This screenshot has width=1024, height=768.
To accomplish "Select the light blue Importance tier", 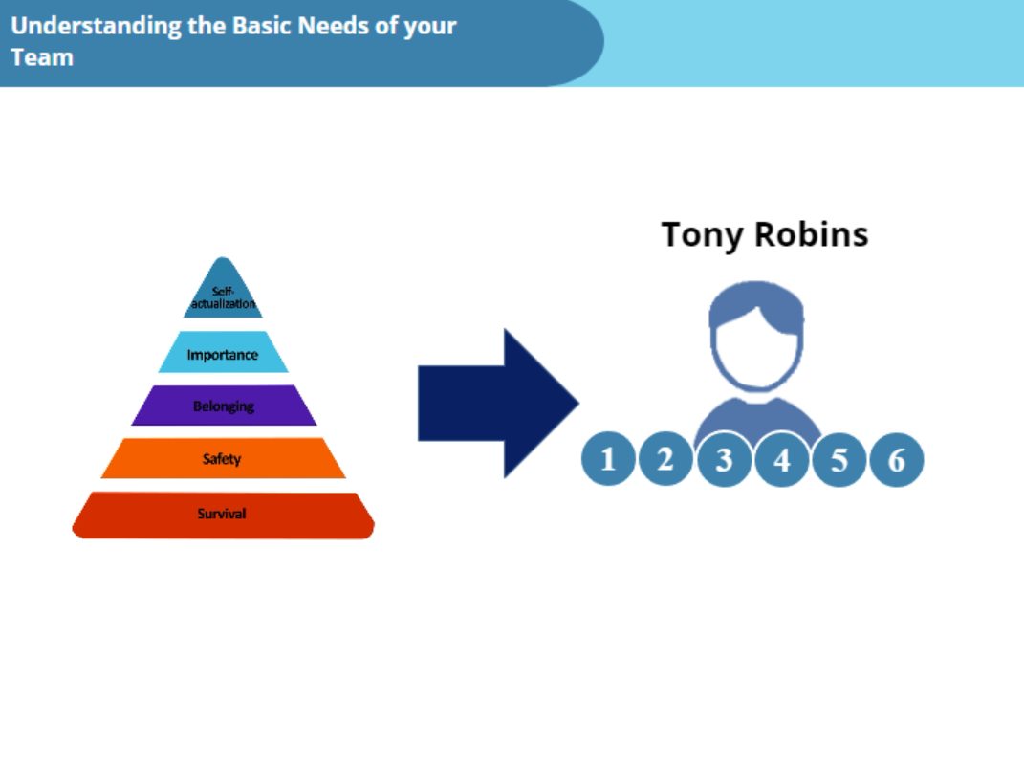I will pos(223,353).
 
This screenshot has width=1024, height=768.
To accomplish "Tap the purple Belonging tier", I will pos(224,406).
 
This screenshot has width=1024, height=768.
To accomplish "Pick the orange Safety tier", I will pos(223,459).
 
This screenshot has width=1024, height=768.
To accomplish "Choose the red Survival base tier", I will pos(223,515).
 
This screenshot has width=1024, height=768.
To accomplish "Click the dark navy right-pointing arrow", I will pos(496,403).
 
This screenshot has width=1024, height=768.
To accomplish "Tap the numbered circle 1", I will pos(608,460).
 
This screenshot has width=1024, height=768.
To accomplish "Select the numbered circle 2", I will pos(666,460).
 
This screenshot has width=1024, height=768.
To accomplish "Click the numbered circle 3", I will pos(725,461).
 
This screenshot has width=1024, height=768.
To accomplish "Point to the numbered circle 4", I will pos(782,461).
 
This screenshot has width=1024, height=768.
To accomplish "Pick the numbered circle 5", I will pos(839,460).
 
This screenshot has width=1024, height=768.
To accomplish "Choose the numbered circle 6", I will pos(897,460).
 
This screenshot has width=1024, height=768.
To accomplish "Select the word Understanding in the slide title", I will pos(96,26).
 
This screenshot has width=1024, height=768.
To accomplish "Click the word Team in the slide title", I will pos(42,57).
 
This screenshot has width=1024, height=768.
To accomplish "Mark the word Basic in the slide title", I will pos(261,26).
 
